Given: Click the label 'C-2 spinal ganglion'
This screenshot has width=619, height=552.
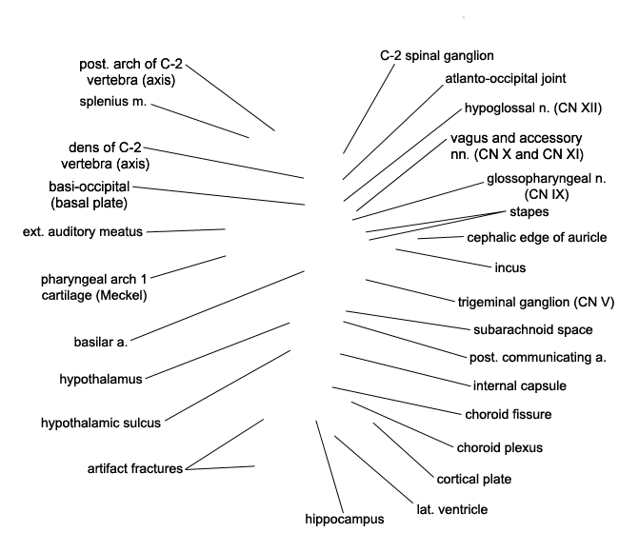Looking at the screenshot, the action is pos(436,56).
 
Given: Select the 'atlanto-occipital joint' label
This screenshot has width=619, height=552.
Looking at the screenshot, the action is pos(506,79).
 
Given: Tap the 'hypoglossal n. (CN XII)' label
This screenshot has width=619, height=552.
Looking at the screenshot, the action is pos(533,108).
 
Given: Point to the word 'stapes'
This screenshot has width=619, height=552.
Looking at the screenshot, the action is pos(529,212).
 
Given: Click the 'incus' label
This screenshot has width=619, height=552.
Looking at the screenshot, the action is pos(510,268).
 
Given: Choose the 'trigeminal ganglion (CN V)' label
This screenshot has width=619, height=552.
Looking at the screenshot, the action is pos(536,303).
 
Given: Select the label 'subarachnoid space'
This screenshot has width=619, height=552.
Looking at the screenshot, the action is pos(533,330).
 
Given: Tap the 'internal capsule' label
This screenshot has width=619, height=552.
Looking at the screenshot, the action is pos(520,385).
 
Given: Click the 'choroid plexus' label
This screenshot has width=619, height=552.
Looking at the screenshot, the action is pos(499,448).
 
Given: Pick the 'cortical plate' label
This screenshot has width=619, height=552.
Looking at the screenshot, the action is pos(473,480).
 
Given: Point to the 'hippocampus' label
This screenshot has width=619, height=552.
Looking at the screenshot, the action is pos(344,520).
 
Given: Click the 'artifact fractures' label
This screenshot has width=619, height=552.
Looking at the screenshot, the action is pos(135,469).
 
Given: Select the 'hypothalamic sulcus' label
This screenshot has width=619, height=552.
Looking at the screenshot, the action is pos(101,423).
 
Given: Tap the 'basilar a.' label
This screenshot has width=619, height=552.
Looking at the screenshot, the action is pos(101,342).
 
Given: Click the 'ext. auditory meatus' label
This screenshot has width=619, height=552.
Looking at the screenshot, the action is pos(83,231).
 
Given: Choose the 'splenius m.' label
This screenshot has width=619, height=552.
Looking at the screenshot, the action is pos(113,102).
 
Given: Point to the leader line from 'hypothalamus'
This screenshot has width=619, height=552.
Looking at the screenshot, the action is pos(217,351).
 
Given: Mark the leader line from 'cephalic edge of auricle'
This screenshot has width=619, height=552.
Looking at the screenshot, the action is pos(441,238).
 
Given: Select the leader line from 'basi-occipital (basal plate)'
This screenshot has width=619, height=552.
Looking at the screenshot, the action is pos(219,196).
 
